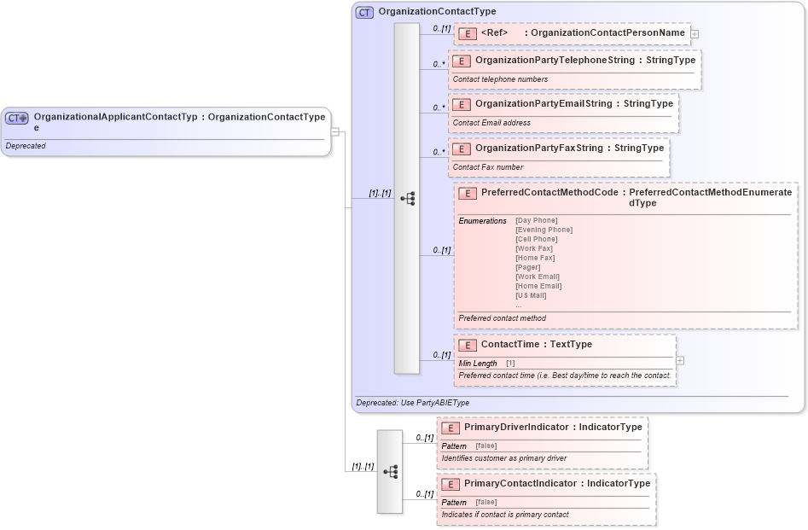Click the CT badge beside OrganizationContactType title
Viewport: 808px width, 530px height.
(364, 12)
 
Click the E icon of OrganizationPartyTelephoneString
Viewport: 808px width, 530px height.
(461, 61)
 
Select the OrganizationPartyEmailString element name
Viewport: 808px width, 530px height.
(543, 103)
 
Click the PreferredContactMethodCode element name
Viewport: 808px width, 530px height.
(549, 193)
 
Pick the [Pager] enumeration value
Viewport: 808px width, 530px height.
(528, 267)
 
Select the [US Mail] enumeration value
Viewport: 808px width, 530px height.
(531, 295)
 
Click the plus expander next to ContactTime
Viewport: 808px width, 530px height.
(680, 361)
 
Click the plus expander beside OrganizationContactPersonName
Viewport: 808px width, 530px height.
(695, 34)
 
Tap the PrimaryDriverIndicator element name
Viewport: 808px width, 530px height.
(516, 427)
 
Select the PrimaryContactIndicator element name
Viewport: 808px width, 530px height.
(520, 483)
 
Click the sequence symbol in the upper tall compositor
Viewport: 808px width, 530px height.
(407, 198)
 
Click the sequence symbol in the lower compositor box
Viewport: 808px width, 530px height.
(390, 471)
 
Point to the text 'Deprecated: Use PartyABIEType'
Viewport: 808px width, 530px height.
(412, 403)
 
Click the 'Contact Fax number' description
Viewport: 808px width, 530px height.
(488, 167)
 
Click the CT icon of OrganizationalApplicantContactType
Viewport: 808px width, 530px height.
(17, 118)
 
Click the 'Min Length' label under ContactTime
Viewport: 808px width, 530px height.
(477, 364)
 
